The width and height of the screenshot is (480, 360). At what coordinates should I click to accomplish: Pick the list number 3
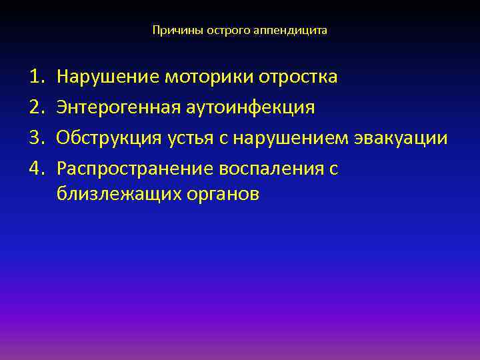point(36,139)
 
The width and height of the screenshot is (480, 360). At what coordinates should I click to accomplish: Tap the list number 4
point(36,169)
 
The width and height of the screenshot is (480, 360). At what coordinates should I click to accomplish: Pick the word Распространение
point(133,169)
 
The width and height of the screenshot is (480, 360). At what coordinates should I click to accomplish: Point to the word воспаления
point(269,169)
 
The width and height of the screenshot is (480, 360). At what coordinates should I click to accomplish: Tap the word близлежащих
point(109,195)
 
